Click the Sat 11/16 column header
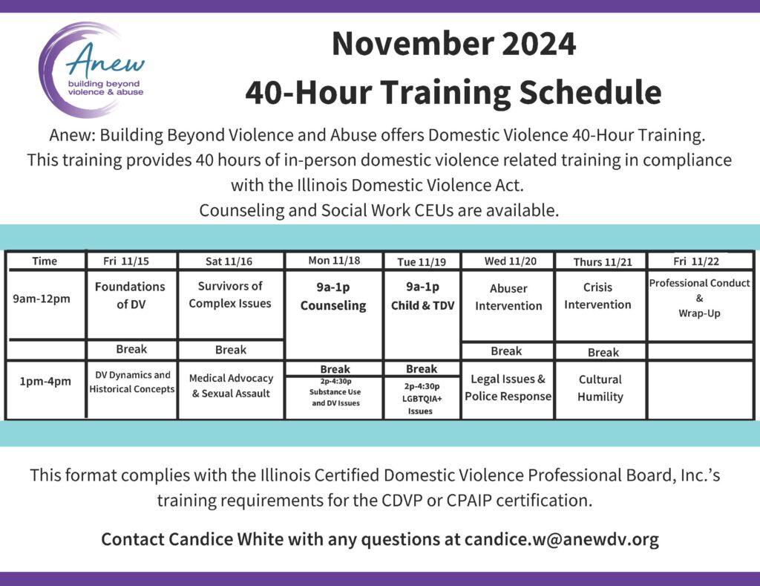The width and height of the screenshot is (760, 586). pyautogui.click(x=229, y=261)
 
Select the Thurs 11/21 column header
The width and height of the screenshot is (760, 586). pyautogui.click(x=603, y=262)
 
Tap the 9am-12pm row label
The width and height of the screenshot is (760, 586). pyautogui.click(x=42, y=299)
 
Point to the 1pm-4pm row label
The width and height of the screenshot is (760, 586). pyautogui.click(x=45, y=381)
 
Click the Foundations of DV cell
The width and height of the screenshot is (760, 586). pyautogui.click(x=131, y=296)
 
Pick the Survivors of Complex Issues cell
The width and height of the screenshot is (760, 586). pyautogui.click(x=230, y=294)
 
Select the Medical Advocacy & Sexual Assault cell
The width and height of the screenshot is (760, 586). pyautogui.click(x=232, y=385)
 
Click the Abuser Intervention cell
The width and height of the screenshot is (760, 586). pyautogui.click(x=508, y=297)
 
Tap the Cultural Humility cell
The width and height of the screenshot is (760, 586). pyautogui.click(x=600, y=388)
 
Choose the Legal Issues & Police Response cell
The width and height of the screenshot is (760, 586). pyautogui.click(x=508, y=388)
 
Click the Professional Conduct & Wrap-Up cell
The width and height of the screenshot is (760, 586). pyautogui.click(x=699, y=298)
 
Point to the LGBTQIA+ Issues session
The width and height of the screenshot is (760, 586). pyautogui.click(x=422, y=399)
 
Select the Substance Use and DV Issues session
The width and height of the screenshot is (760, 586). pyautogui.click(x=335, y=392)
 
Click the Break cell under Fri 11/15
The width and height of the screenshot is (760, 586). pyautogui.click(x=131, y=349)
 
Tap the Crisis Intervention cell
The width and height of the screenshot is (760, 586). pyautogui.click(x=597, y=296)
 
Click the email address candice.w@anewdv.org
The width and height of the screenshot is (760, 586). pyautogui.click(x=561, y=539)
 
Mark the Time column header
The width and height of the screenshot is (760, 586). pyautogui.click(x=45, y=261)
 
